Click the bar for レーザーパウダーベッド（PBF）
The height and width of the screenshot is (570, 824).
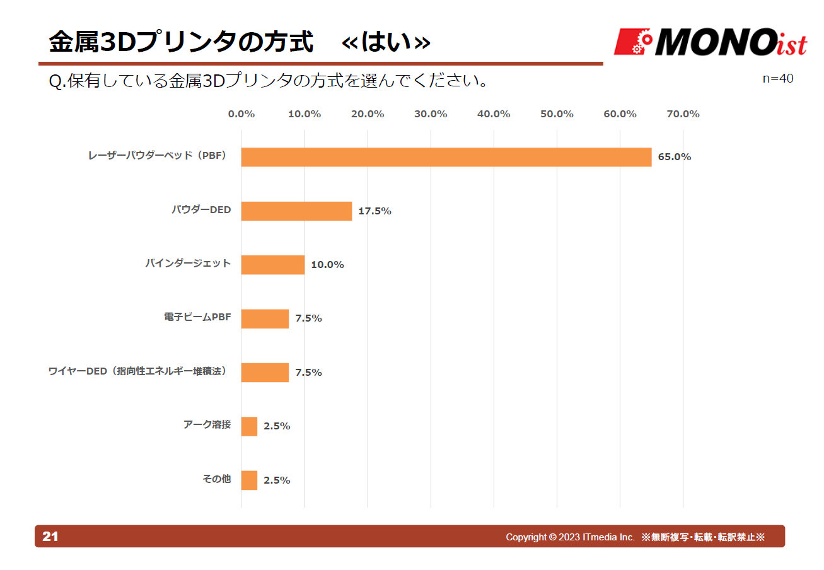click(x=446, y=157)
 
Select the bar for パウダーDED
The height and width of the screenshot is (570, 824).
click(x=296, y=211)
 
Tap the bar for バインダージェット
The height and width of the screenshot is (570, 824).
click(x=272, y=265)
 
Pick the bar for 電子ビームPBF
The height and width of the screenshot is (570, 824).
click(x=265, y=318)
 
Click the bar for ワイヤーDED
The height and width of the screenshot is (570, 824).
click(x=265, y=373)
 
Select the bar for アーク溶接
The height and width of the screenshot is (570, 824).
click(x=249, y=426)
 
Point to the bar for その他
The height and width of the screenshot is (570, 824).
click(x=249, y=480)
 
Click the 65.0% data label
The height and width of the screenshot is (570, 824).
click(x=674, y=157)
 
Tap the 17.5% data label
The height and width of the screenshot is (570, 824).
click(x=374, y=211)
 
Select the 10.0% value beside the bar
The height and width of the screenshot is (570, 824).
click(x=327, y=265)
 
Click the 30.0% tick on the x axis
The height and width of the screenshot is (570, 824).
click(x=431, y=114)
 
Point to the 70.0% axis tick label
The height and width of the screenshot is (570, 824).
click(x=683, y=114)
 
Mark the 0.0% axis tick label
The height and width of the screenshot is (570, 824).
click(x=241, y=114)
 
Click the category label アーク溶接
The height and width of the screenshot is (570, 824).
click(x=207, y=425)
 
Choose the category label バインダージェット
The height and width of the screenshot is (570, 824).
click(x=188, y=264)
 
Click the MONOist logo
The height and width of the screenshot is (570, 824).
click(x=710, y=42)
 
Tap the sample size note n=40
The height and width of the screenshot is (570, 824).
click(x=777, y=78)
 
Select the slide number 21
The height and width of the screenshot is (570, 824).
click(x=50, y=537)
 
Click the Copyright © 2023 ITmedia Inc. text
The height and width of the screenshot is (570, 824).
click(x=570, y=537)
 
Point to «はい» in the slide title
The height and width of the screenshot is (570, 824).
click(x=386, y=42)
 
